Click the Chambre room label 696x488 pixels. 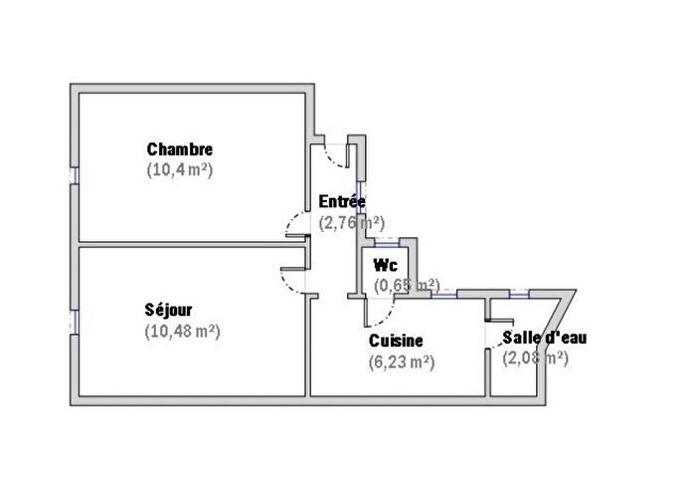click(179, 149)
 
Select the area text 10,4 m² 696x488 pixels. click(179, 169)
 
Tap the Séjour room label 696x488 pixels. click(168, 310)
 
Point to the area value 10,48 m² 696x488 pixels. click(182, 331)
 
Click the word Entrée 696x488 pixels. click(341, 201)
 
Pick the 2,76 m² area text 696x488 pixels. click(352, 223)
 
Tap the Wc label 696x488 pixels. click(385, 265)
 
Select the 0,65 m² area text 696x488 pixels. click(406, 285)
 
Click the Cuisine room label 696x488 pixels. click(397, 342)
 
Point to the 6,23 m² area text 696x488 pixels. click(401, 364)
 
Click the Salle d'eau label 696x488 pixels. click(544, 338)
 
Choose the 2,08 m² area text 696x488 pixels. click(535, 358)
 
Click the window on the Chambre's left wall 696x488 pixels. click(74, 173)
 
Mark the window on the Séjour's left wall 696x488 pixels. click(74, 323)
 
